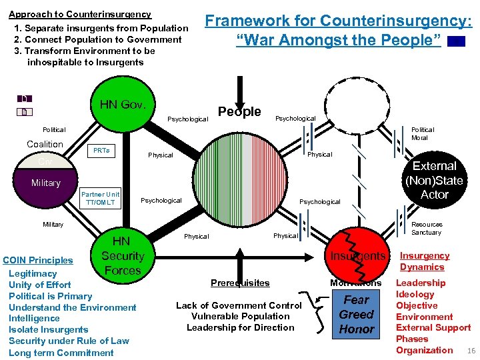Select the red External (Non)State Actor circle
(x=434, y=180)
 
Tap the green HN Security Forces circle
(x=122, y=256)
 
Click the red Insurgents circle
(x=357, y=256)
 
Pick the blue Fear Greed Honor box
(x=357, y=315)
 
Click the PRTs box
(x=102, y=151)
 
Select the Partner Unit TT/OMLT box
(x=101, y=199)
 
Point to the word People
(x=239, y=111)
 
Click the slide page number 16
(x=471, y=351)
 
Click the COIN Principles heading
(x=38, y=260)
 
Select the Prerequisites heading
(x=240, y=283)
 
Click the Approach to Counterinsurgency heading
(x=79, y=14)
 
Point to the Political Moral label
(x=422, y=133)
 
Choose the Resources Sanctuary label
(x=426, y=229)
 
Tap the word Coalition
(x=45, y=144)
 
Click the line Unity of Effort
(x=40, y=285)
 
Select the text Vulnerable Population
(x=240, y=316)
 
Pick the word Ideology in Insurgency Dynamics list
(x=415, y=294)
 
